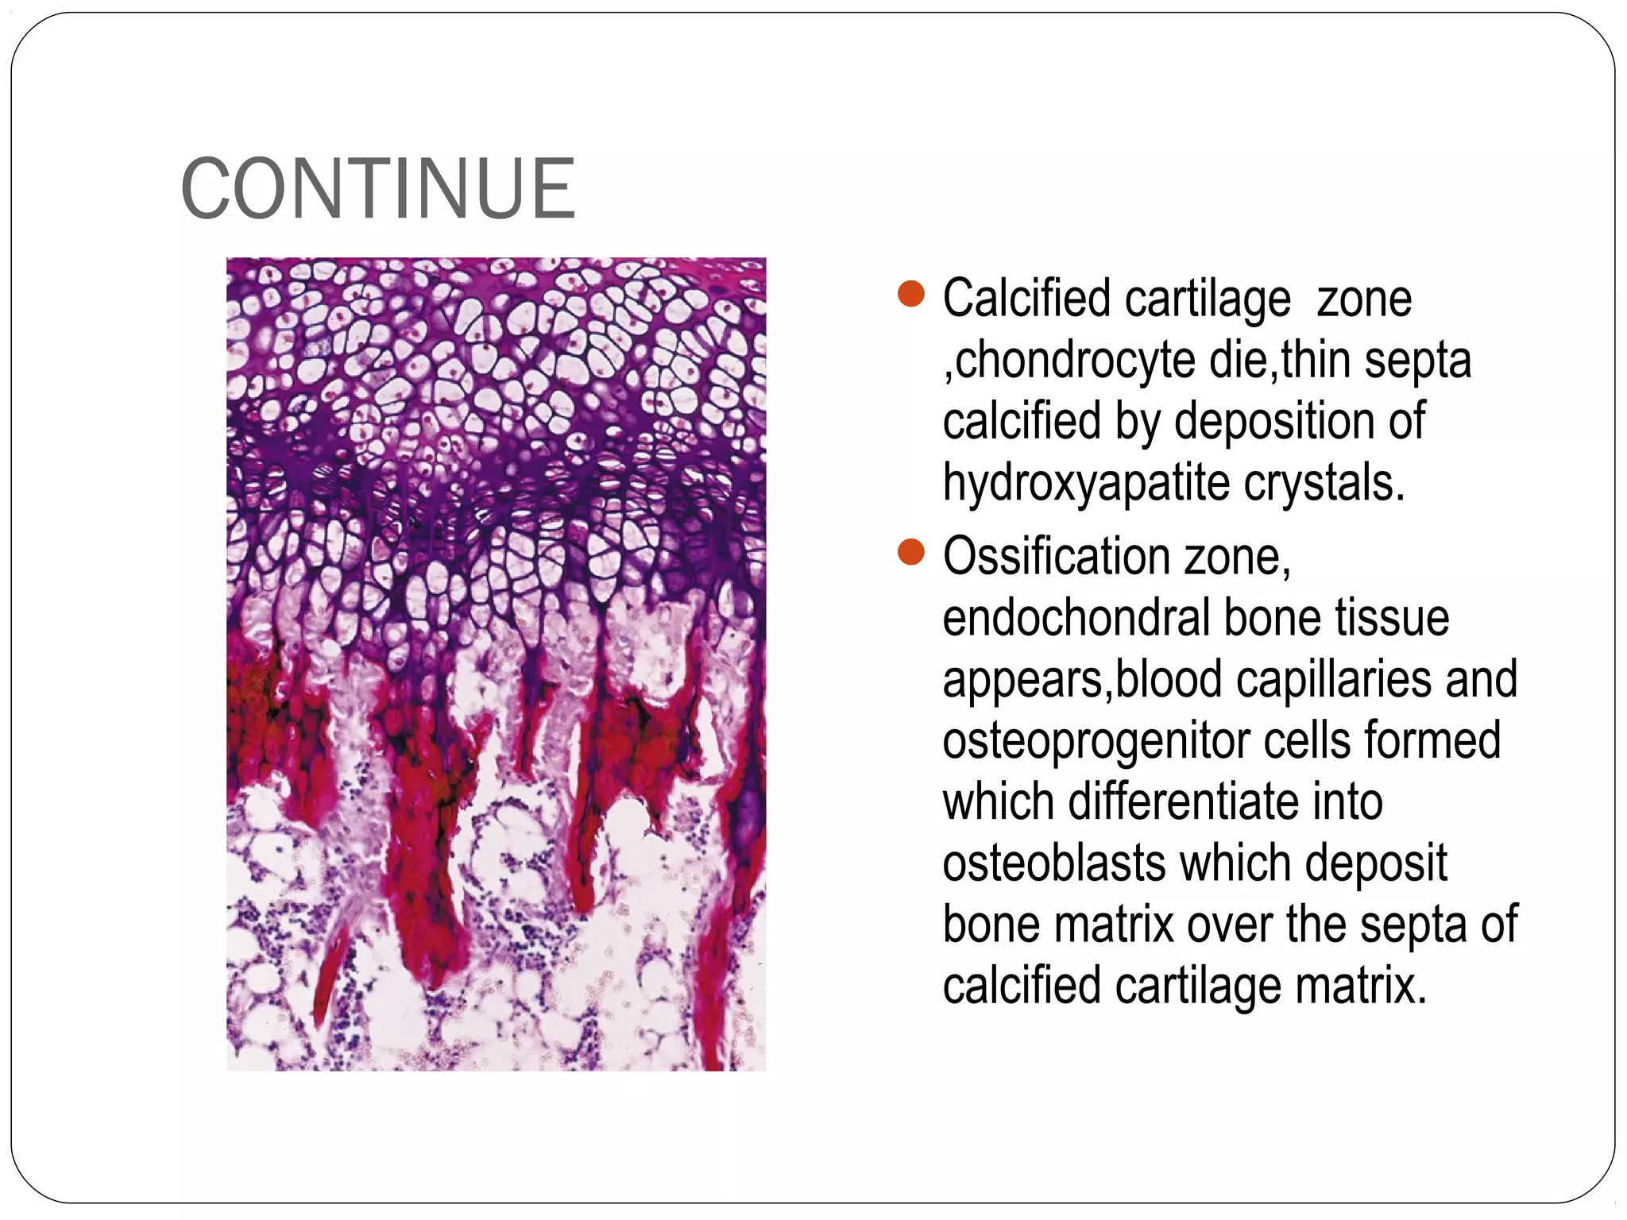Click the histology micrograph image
click(x=496, y=664)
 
